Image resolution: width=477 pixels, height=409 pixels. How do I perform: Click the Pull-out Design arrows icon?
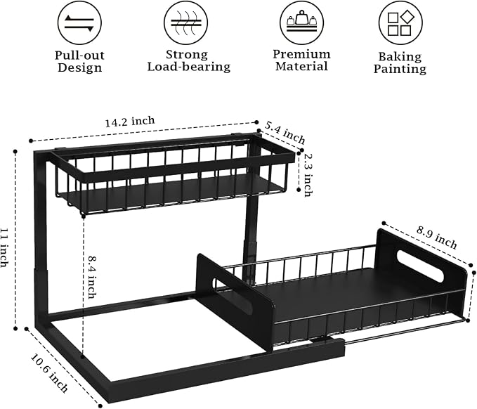[79, 23]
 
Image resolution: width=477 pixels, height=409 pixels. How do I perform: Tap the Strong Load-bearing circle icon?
[186, 23]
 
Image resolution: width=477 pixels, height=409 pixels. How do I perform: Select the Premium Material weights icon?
[301, 22]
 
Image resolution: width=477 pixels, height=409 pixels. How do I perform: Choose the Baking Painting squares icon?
[400, 23]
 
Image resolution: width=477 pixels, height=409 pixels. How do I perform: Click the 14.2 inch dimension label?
[130, 122]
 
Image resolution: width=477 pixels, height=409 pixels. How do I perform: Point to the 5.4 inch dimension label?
[285, 132]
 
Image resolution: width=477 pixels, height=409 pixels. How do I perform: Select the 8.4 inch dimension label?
[93, 277]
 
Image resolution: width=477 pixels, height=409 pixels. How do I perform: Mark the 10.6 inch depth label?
[49, 372]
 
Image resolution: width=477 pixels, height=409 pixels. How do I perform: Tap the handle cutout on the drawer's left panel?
[232, 296]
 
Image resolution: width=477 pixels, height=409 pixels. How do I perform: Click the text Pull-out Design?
[79, 61]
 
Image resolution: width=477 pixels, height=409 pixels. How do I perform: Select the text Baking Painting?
[400, 63]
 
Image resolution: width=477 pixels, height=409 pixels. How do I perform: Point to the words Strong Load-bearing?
[188, 60]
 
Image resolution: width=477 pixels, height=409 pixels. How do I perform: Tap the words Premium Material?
[301, 60]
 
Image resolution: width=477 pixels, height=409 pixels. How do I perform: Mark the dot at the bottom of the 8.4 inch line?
[82, 356]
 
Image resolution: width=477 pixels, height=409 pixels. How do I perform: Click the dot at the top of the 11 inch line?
[15, 151]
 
